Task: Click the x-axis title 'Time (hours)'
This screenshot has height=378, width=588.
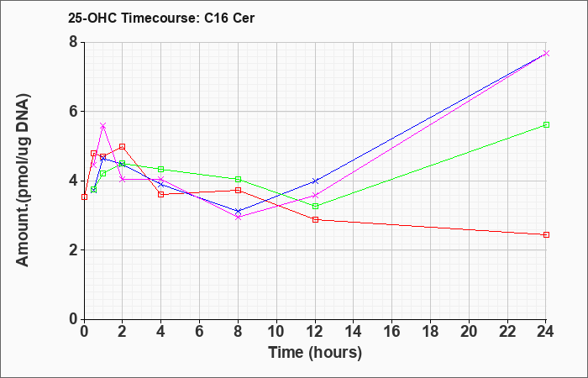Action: coord(315,352)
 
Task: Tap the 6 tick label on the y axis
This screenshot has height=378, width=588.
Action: coord(73,112)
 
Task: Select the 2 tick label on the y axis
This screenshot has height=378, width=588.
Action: coord(73,250)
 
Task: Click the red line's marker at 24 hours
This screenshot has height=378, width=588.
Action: coord(546,234)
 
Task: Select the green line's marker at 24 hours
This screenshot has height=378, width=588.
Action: coord(546,124)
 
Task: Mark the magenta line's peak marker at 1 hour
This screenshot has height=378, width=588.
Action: coord(102,126)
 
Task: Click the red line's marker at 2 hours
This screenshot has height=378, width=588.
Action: coord(122,146)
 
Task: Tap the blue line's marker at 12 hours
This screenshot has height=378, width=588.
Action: coord(315,181)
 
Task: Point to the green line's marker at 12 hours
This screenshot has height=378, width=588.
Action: coord(315,206)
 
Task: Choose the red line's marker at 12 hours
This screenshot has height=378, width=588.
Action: coord(315,219)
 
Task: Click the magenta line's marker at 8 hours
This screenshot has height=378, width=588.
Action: coord(238,217)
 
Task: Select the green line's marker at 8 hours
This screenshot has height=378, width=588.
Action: coord(238,179)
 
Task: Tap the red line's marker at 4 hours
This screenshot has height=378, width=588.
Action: coord(160,194)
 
